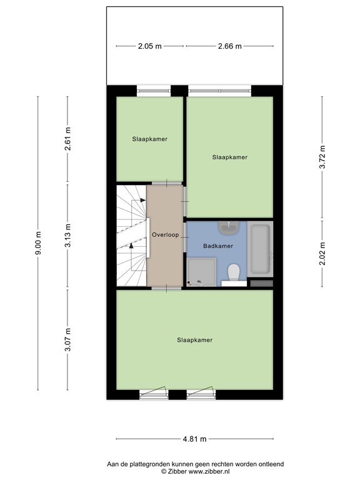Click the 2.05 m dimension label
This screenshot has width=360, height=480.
150,46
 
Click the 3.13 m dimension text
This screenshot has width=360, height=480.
68,237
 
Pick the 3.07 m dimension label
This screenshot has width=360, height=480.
68,340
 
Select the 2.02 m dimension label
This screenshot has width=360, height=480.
322,254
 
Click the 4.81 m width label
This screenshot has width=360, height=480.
194,439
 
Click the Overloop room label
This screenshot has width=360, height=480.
165,235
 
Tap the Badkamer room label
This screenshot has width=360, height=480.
218,246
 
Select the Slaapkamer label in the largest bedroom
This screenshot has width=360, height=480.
194,340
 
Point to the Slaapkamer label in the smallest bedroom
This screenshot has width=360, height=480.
149,139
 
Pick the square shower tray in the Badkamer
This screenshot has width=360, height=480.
202,272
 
